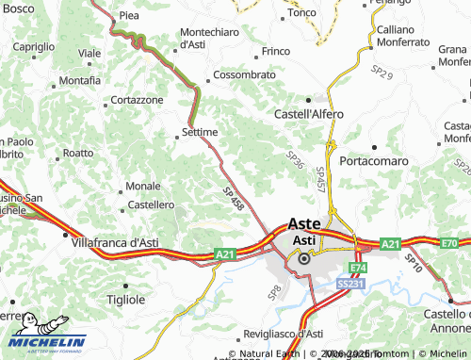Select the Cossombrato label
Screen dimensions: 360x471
click(x=244, y=74)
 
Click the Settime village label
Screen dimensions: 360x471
click(x=200, y=132)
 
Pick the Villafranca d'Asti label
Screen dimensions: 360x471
click(x=114, y=242)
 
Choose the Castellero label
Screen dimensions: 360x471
click(x=152, y=204)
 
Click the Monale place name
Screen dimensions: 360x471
click(x=142, y=186)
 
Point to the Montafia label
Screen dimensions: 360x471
click(x=79, y=81)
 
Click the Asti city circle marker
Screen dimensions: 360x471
click(x=303, y=255)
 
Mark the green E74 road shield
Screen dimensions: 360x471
click(x=358, y=268)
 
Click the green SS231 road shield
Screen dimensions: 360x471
click(x=349, y=283)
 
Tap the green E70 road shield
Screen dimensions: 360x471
click(x=450, y=244)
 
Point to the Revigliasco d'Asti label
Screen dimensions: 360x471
click(x=284, y=334)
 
